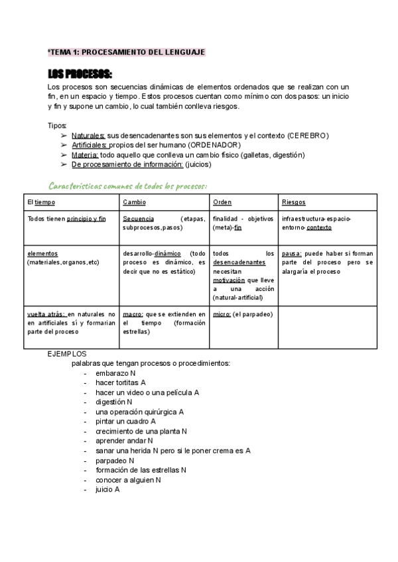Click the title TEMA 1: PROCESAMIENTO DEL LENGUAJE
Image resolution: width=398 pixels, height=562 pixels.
[127, 52]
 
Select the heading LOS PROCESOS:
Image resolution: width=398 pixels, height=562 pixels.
[80, 74]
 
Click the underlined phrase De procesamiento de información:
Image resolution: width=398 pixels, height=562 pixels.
[127, 164]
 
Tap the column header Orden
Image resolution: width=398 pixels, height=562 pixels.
[222, 202]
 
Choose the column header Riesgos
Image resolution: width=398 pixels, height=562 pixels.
[293, 202]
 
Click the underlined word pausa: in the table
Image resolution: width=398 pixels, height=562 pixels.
[292, 253]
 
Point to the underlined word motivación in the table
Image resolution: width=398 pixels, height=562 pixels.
[229, 280]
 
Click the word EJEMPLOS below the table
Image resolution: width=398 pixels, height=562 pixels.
[67, 354]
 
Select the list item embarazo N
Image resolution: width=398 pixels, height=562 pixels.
[115, 373]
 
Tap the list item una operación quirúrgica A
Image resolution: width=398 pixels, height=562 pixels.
[139, 412]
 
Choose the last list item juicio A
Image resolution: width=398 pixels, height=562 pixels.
[107, 489]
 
